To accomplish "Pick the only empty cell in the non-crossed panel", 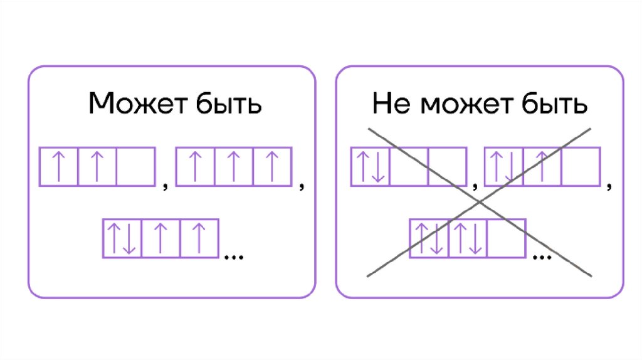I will pos(135,166).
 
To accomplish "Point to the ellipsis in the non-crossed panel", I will pos(233,255).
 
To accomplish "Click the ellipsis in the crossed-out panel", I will pos(541,255).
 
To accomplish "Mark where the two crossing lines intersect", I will pos(480,201).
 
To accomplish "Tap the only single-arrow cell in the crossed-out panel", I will pos(542,166).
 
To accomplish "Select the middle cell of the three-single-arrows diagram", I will pos(233,166).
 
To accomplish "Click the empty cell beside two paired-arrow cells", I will pos(507,238).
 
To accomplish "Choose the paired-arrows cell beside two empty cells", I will pos(370,166).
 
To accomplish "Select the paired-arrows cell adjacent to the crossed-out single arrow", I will pos(503,166).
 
